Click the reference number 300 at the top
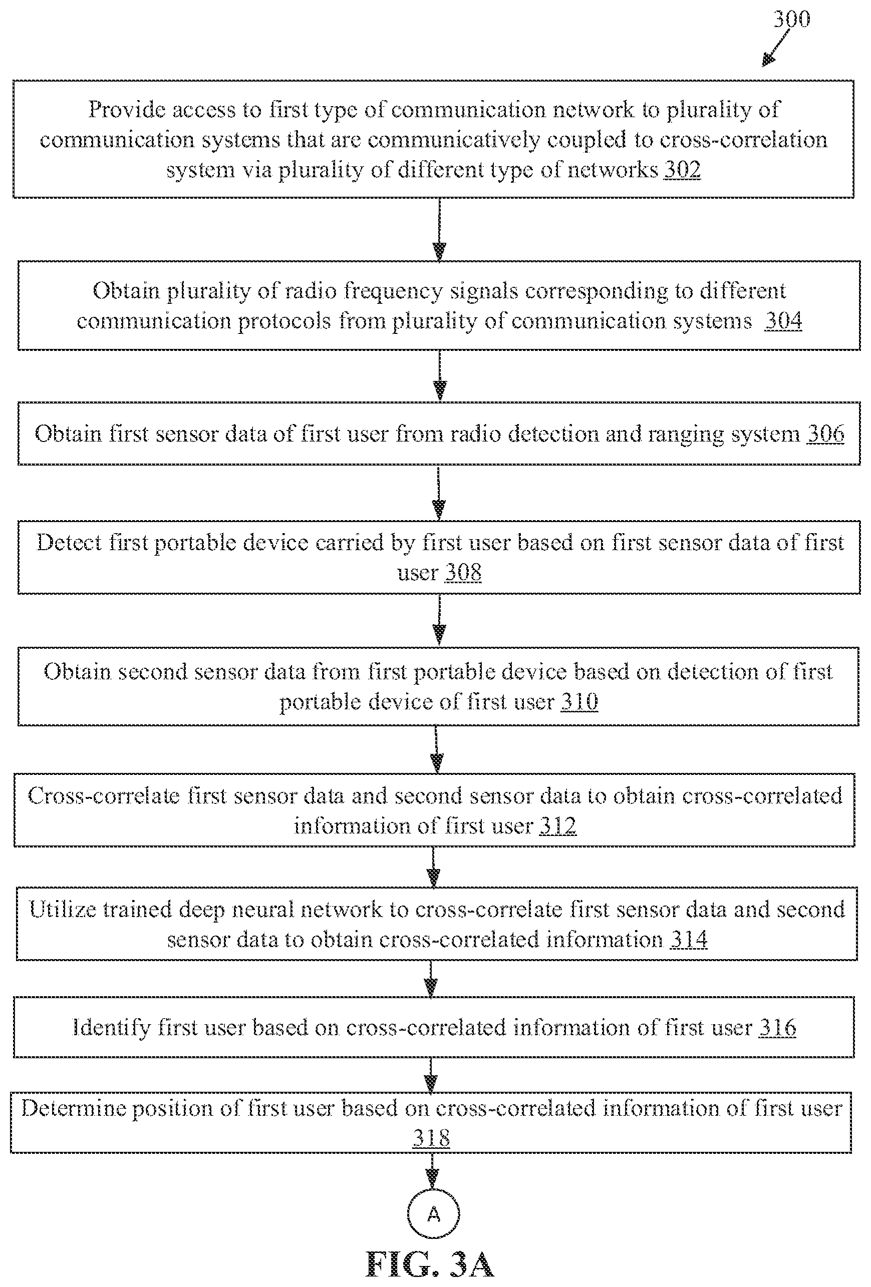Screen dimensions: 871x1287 tap(792, 19)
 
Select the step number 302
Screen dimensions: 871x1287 tap(682, 169)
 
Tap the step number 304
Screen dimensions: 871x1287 tap(783, 321)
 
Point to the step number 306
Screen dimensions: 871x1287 tap(825, 433)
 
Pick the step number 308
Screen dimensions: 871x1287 tap(463, 572)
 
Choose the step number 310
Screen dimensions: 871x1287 tap(579, 702)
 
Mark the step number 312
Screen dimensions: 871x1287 tap(558, 825)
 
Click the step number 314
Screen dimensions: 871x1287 tap(689, 939)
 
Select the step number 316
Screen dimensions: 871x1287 tap(777, 1027)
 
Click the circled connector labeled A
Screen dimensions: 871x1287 tap(433, 1214)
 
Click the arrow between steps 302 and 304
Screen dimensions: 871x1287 tap(439, 229)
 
